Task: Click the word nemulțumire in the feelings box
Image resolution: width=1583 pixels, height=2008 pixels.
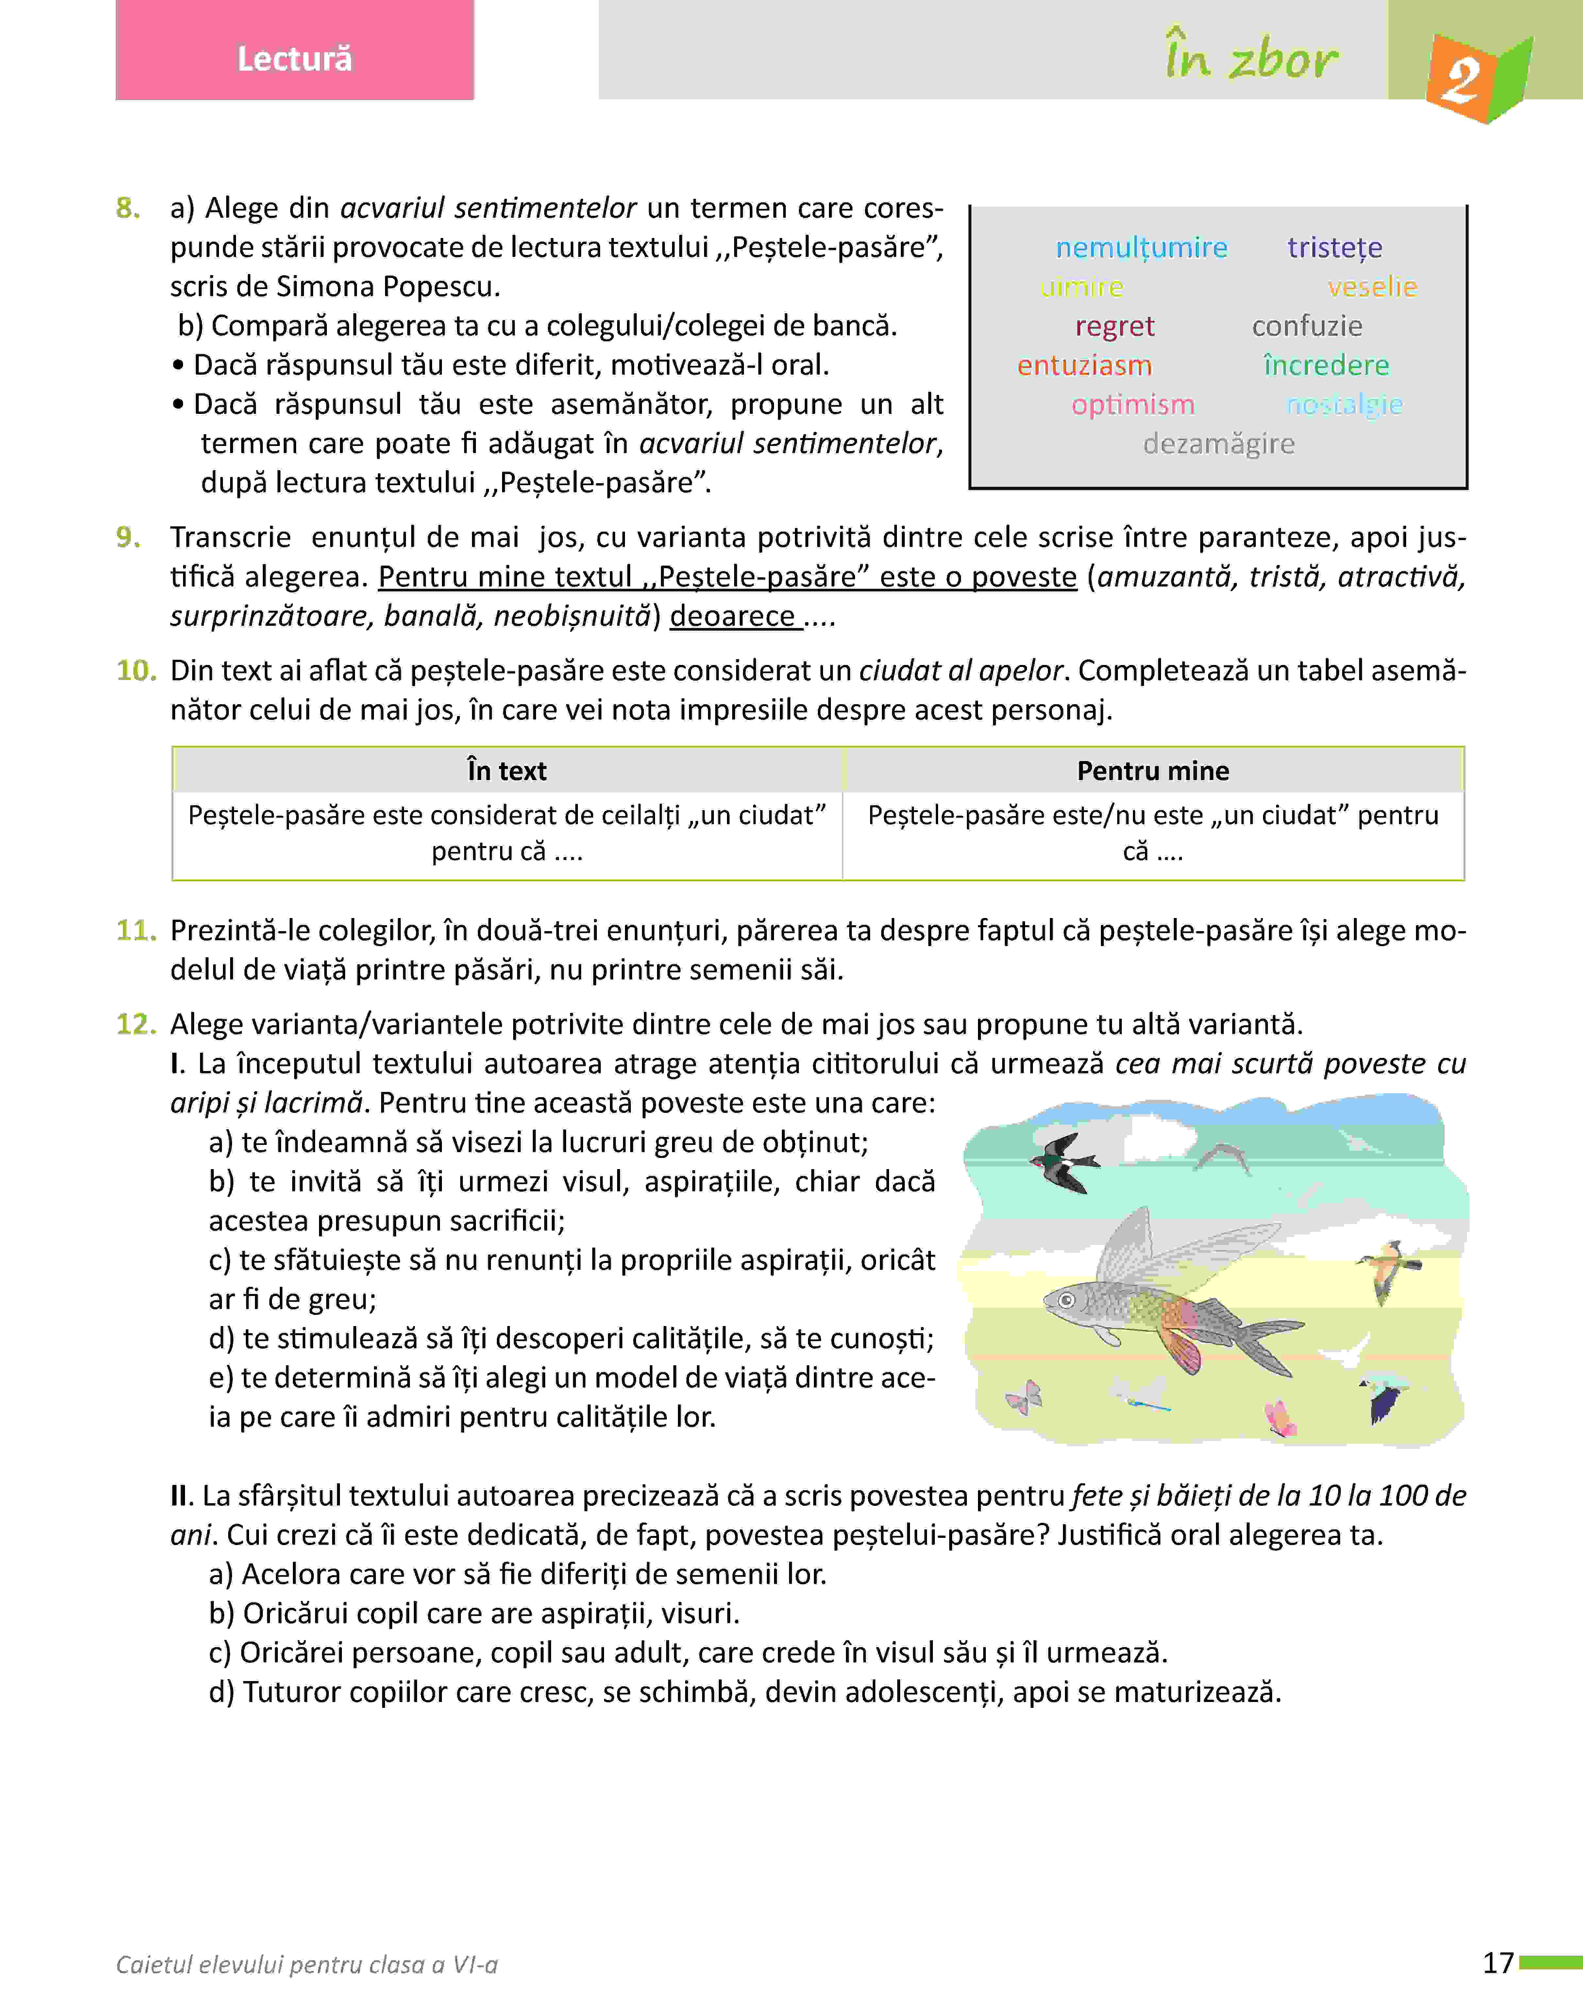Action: click(x=1141, y=247)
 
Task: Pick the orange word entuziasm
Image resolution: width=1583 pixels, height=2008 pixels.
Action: click(x=1085, y=365)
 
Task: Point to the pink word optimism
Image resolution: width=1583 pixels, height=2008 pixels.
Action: click(x=1133, y=405)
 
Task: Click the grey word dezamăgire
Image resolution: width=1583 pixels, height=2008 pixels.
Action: click(x=1218, y=444)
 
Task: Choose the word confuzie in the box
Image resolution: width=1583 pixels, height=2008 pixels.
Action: click(x=1307, y=326)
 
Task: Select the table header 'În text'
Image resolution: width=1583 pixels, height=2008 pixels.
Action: click(x=507, y=771)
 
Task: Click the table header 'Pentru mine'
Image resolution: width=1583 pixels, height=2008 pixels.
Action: click(x=1153, y=771)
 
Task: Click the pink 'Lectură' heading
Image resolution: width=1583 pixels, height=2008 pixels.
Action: click(x=295, y=59)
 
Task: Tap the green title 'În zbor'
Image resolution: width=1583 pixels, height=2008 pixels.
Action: click(x=1251, y=59)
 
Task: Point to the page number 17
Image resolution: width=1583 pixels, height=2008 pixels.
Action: click(x=1498, y=1963)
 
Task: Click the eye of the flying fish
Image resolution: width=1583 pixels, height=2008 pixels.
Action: click(x=1067, y=1300)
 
